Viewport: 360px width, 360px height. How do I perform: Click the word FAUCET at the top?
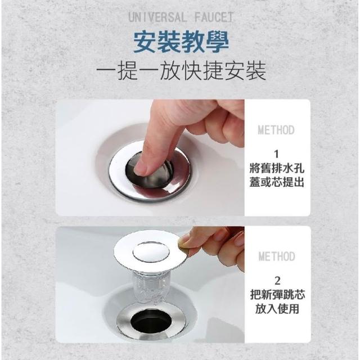[214, 17]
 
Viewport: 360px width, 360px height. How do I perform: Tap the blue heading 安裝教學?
[181, 42]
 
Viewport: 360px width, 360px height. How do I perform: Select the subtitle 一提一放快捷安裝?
[181, 71]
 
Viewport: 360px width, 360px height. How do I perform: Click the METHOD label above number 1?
[276, 130]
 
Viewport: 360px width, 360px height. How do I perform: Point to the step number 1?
[277, 154]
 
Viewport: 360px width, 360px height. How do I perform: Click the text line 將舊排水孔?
[277, 169]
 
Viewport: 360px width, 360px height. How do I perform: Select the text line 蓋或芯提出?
[277, 182]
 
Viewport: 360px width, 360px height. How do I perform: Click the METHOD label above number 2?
[277, 256]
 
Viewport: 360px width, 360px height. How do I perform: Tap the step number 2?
[277, 281]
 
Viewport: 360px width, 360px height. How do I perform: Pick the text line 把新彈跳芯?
[277, 295]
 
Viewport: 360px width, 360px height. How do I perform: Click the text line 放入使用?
[277, 309]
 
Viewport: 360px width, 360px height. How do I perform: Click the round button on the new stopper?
[151, 252]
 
